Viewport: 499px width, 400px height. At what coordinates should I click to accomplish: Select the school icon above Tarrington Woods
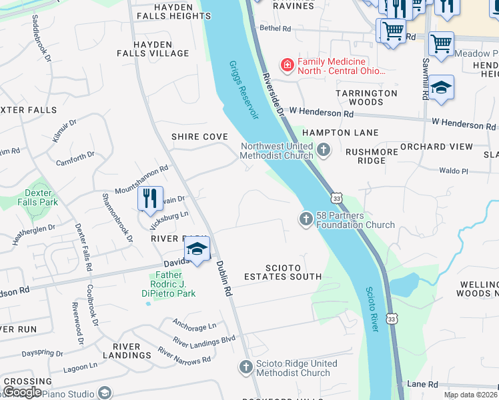coord(441,88)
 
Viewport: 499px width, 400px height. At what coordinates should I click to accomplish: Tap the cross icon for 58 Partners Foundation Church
coord(306,219)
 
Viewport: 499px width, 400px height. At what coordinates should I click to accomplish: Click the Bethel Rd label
coord(276,29)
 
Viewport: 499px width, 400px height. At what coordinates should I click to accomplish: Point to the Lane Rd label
coord(422,385)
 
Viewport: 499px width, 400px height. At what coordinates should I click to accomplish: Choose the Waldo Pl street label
coord(454,171)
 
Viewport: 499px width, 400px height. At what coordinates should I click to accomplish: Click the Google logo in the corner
coord(22,391)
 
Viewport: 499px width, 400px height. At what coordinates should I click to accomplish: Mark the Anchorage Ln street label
coord(194,327)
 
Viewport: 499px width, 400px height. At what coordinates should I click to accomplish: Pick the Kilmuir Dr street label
coord(65,131)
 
